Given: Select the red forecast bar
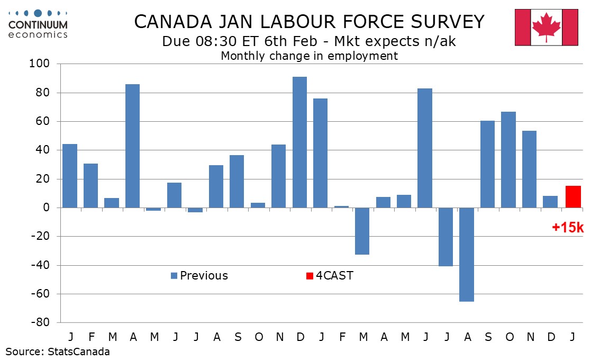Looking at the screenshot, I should tap(572, 197).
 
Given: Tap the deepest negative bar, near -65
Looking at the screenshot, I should tap(467, 254).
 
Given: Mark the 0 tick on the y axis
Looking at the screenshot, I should tap(46, 208).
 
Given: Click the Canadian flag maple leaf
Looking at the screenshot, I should tap(547, 26).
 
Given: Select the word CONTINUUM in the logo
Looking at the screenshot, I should tap(38, 25).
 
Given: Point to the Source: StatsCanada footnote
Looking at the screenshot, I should tap(58, 352).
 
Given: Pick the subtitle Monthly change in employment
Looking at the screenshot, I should tap(309, 56).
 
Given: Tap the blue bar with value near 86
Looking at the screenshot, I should tap(132, 146).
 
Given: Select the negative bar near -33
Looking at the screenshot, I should tap(362, 231).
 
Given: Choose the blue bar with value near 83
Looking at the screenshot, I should tap(425, 148).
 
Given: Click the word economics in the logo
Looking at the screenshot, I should tap(38, 35).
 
